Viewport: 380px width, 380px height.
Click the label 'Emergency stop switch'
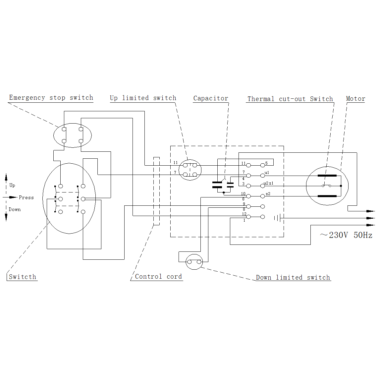pyautogui.click(x=51, y=98)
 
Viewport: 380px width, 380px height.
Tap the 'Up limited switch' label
pyautogui.click(x=143, y=98)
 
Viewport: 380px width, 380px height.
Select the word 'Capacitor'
pyautogui.click(x=211, y=98)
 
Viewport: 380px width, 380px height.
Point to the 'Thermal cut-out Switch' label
pyautogui.click(x=290, y=99)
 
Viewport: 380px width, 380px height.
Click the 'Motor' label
pyautogui.click(x=355, y=99)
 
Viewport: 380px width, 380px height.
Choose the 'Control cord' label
pyautogui.click(x=158, y=277)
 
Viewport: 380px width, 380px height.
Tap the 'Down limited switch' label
pyautogui.click(x=293, y=278)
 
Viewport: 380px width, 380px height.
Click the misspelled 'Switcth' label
pyautogui.click(x=23, y=277)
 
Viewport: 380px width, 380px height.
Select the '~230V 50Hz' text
pyautogui.click(x=346, y=235)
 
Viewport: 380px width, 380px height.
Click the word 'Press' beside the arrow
pyautogui.click(x=26, y=197)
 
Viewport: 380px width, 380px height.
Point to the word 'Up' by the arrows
pyautogui.click(x=12, y=185)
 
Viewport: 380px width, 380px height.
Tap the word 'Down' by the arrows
pyautogui.click(x=15, y=209)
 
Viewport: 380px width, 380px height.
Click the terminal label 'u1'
pyautogui.click(x=267, y=173)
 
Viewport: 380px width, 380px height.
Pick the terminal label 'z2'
pyautogui.click(x=268, y=194)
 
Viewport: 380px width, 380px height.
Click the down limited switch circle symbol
pyautogui.click(x=194, y=262)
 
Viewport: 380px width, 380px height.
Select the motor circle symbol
pyautogui.click(x=327, y=186)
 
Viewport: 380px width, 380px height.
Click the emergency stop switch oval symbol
pyautogui.click(x=72, y=135)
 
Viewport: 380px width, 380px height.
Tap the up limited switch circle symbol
pyautogui.click(x=190, y=170)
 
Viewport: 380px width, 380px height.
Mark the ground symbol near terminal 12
pyautogui.click(x=278, y=218)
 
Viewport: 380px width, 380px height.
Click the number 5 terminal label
pyautogui.click(x=266, y=163)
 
